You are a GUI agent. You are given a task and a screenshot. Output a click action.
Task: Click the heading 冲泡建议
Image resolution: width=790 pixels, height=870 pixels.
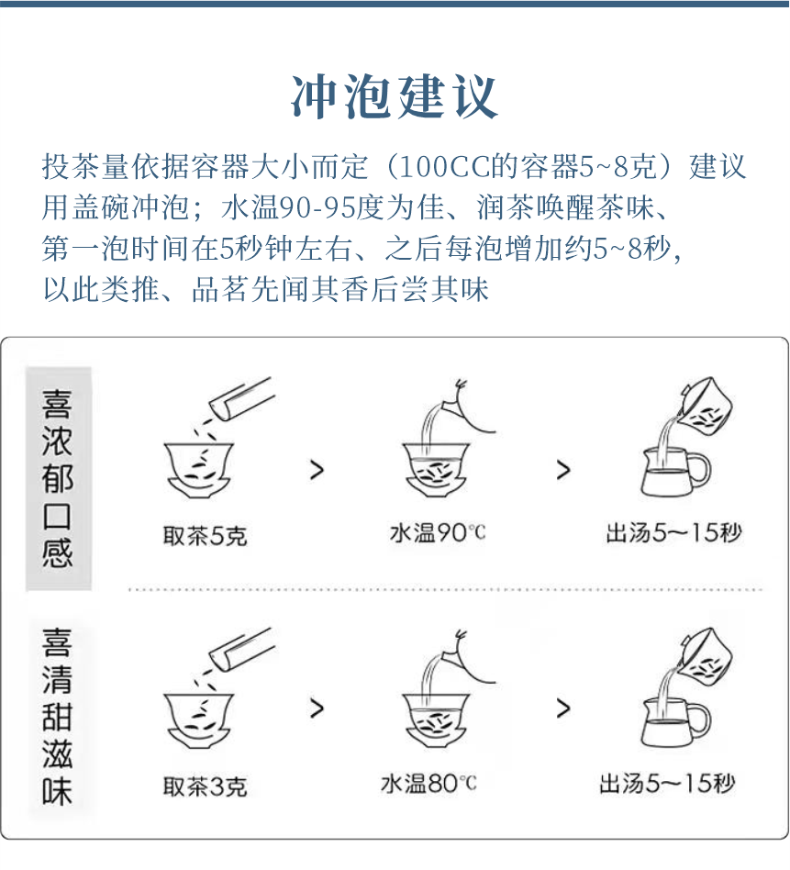394,97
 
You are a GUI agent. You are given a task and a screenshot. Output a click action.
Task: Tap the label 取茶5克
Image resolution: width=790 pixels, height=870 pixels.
205,535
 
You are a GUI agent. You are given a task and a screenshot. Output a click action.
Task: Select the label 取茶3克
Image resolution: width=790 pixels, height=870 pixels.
205,786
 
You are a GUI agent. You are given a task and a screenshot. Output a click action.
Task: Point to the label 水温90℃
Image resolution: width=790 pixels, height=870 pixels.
438,532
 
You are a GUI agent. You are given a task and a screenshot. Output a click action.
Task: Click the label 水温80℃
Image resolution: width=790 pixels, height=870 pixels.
428,784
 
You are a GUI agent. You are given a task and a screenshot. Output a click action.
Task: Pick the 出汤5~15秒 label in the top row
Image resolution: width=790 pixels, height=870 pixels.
674,532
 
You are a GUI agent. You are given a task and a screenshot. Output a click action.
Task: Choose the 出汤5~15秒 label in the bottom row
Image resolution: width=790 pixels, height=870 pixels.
667,784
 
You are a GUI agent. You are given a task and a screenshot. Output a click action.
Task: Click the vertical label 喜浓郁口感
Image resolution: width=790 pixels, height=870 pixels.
57,478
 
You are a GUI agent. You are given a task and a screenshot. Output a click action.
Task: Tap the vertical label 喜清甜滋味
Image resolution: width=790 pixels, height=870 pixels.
57,717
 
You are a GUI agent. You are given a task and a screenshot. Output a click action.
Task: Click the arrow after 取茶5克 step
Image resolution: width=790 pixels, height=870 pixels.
317,470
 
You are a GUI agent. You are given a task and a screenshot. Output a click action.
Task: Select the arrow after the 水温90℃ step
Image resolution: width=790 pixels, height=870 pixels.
563,470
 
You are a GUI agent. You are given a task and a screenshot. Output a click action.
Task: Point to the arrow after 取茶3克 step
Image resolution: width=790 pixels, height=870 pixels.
317,708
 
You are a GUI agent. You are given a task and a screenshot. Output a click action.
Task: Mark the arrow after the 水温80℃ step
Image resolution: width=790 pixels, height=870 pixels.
563,708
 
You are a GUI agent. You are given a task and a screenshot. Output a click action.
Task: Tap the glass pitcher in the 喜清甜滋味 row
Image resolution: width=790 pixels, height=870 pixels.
675,723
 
